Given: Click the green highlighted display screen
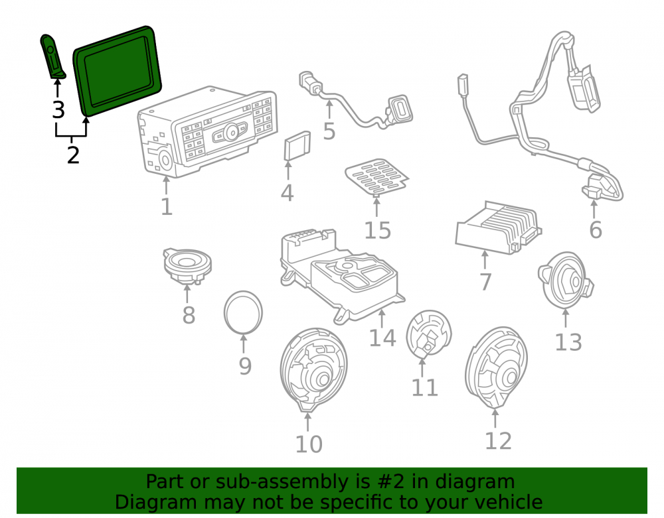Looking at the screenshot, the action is click(x=118, y=70).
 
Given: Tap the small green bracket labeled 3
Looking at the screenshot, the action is click(x=52, y=56).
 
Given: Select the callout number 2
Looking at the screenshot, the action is click(x=73, y=155).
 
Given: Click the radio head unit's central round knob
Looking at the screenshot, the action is click(x=232, y=132).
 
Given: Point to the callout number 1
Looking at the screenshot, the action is click(x=167, y=207).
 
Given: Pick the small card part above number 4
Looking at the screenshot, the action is click(x=297, y=145).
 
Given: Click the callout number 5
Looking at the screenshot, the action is click(x=329, y=131).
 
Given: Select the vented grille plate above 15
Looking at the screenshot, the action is click(x=376, y=177).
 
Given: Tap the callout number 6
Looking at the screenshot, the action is click(x=596, y=229).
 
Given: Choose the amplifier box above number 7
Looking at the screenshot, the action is click(x=498, y=227).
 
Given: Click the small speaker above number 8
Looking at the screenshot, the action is click(x=187, y=265).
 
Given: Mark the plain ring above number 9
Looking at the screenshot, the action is click(x=243, y=312).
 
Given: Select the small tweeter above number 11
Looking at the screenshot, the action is click(x=428, y=334).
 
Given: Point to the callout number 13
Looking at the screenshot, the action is click(x=568, y=342).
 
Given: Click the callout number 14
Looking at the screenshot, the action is click(x=382, y=338).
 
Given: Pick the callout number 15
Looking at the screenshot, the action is click(x=378, y=230).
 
